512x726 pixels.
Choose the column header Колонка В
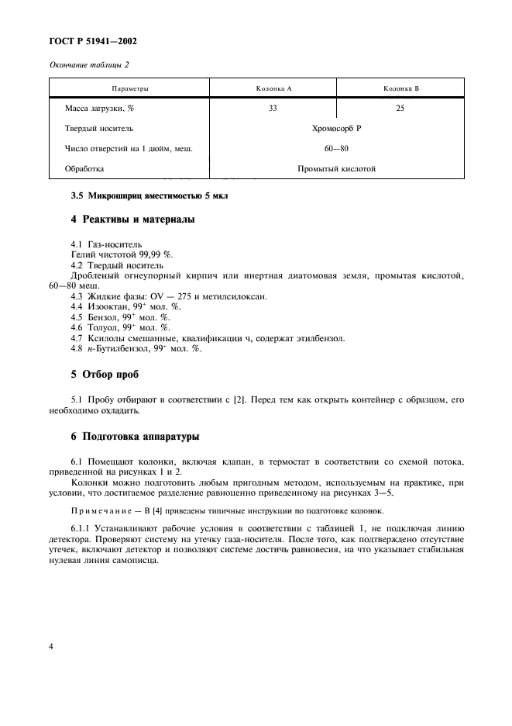400,88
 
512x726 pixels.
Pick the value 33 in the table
273,109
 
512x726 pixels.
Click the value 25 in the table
400,109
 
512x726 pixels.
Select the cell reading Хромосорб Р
337,129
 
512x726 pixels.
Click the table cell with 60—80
337,148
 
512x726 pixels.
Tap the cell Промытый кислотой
337,168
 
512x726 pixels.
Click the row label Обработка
85,168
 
